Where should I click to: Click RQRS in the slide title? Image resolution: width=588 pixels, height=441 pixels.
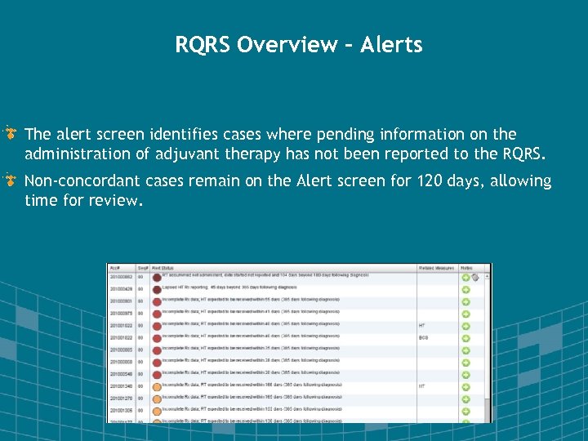point(203,44)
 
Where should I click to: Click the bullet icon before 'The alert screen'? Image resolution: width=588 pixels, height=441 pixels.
point(11,133)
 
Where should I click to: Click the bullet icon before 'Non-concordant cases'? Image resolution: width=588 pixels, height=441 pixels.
point(11,180)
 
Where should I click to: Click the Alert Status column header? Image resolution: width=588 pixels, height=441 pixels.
point(167,268)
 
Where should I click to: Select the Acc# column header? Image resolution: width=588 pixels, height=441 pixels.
point(115,268)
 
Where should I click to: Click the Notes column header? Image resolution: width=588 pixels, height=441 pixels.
point(466,268)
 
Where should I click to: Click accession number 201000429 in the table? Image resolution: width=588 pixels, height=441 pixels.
point(121,289)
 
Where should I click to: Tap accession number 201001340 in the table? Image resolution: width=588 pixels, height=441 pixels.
point(121,386)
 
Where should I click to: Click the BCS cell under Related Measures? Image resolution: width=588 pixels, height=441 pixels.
point(423,337)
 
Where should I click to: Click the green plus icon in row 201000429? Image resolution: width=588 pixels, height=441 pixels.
point(465,289)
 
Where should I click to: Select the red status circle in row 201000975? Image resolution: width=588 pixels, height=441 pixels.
point(156,314)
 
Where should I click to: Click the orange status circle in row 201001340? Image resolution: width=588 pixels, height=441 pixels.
point(156,386)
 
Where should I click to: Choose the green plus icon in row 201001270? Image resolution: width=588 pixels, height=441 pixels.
point(465,399)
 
